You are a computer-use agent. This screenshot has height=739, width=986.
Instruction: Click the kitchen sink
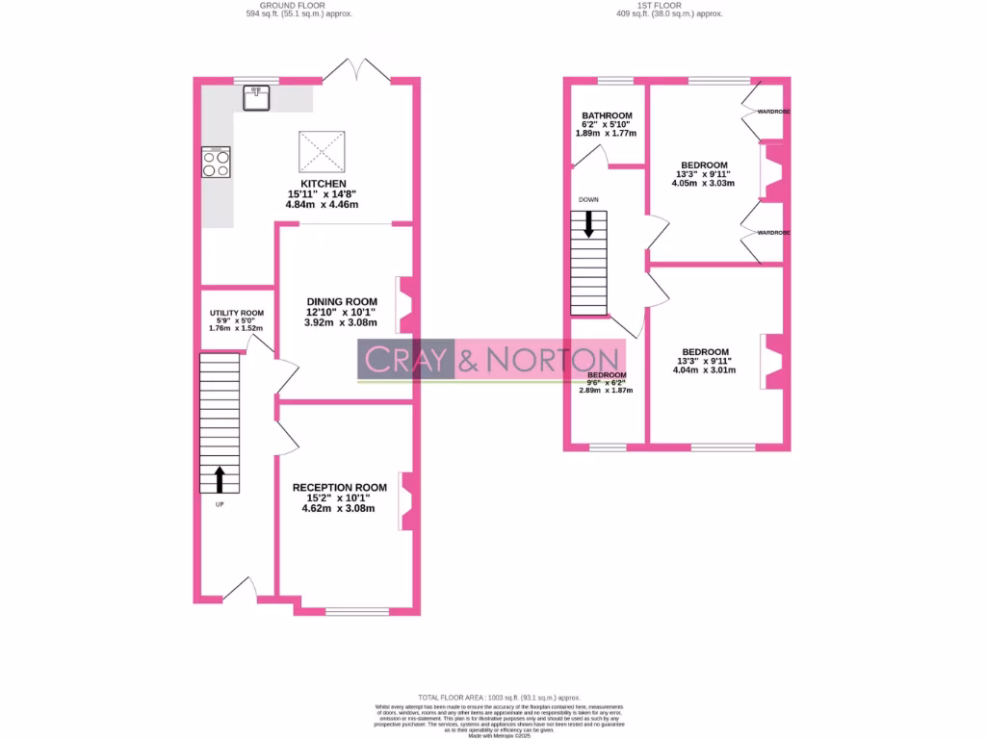(256, 97)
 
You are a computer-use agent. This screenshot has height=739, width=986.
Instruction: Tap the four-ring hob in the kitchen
(216, 164)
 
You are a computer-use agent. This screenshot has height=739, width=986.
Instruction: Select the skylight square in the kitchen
(322, 150)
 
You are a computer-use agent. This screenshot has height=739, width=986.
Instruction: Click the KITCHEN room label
(323, 184)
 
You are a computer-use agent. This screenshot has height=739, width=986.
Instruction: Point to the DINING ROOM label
(342, 301)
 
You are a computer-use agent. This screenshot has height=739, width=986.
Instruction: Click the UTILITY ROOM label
(237, 313)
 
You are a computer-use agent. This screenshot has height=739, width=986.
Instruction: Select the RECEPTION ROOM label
(340, 488)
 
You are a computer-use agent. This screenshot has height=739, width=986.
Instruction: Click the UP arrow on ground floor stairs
(219, 478)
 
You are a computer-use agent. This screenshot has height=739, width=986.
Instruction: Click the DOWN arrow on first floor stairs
(588, 225)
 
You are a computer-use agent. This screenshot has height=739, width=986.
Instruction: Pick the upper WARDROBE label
(773, 112)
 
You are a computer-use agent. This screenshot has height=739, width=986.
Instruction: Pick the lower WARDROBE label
(773, 233)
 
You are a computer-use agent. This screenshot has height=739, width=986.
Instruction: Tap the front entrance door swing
(240, 588)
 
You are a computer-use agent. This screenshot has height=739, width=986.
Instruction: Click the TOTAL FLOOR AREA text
(499, 697)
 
